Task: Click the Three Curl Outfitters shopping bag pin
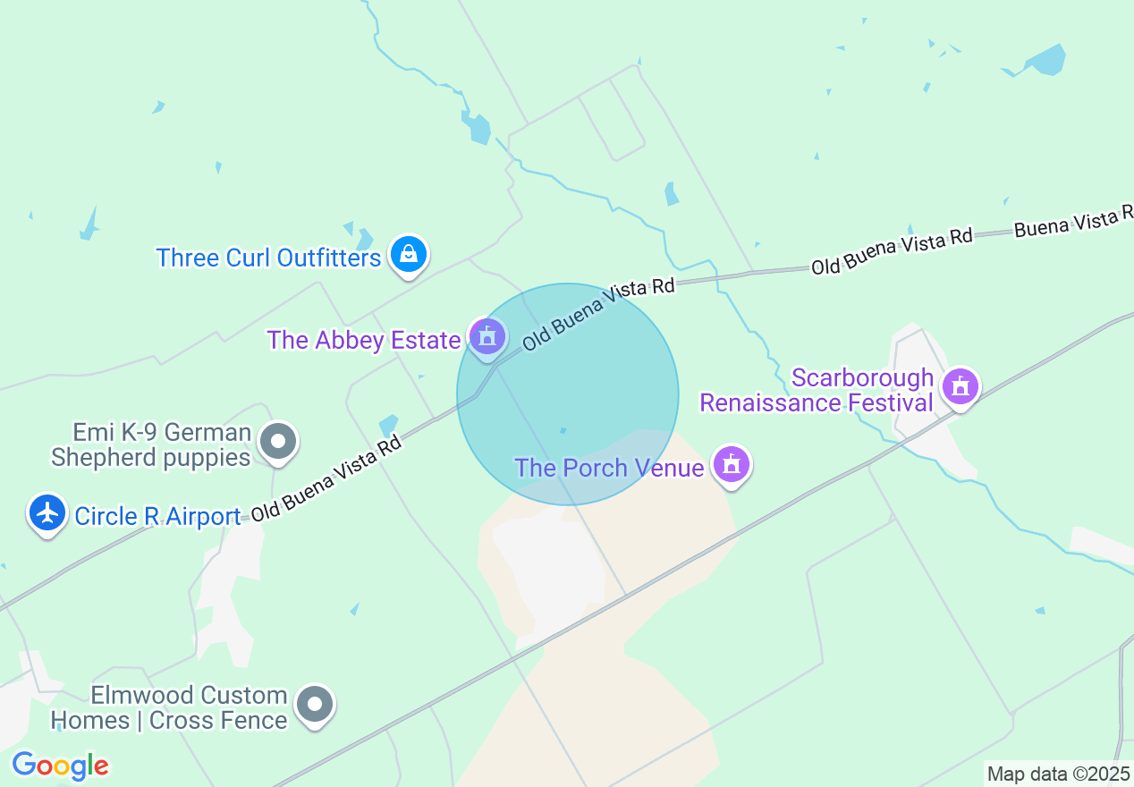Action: point(409,256)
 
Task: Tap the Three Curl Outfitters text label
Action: point(268,258)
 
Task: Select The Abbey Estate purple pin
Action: point(487,337)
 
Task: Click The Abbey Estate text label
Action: point(364,340)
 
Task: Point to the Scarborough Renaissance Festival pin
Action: point(961,387)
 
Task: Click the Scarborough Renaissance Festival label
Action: point(817,391)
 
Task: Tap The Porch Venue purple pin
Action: point(732,464)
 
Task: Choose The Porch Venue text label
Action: point(609,468)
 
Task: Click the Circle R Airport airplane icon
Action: point(47,513)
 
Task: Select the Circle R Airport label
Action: point(157,517)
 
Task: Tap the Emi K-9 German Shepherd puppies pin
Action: point(278,441)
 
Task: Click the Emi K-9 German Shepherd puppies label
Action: point(150,445)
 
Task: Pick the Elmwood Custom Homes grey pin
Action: point(314,705)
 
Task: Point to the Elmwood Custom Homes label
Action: point(169,707)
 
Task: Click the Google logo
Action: point(60,766)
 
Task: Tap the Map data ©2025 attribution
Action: point(1059,774)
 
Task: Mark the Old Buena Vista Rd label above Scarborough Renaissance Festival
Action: point(892,251)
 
